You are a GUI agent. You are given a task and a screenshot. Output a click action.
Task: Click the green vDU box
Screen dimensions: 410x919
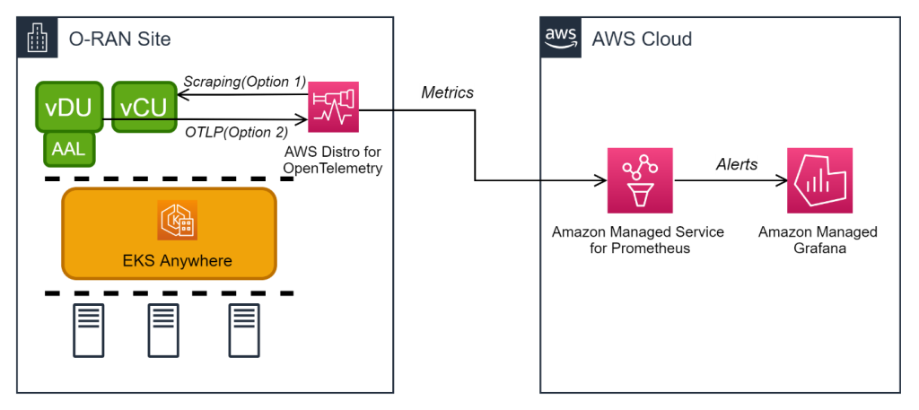[69, 108]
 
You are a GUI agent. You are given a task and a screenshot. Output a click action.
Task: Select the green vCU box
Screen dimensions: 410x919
[144, 108]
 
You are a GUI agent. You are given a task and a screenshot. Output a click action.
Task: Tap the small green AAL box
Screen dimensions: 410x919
[69, 150]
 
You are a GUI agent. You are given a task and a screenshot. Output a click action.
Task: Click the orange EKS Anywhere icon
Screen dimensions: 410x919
[177, 221]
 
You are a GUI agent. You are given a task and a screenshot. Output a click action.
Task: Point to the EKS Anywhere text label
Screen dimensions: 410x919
[177, 261]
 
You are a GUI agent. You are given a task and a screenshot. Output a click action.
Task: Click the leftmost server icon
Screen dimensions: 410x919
[88, 330]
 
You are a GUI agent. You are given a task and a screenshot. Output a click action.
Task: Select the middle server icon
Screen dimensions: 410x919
[162, 330]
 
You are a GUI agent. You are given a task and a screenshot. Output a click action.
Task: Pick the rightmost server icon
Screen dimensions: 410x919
[244, 330]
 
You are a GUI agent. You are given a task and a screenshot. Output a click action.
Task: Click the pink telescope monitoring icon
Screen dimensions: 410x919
[333, 108]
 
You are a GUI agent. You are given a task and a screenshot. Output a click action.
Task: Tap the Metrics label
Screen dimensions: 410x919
[447, 92]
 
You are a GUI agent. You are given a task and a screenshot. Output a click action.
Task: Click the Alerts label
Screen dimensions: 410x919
[736, 164]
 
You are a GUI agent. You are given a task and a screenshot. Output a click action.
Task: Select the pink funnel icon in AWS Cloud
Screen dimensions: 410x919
[640, 180]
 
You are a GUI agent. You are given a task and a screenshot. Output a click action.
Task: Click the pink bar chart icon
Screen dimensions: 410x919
[820, 180]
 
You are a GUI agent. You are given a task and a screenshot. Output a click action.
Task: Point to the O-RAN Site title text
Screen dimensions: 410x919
[119, 39]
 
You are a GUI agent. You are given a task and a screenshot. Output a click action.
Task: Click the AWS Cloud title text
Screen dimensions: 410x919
[642, 39]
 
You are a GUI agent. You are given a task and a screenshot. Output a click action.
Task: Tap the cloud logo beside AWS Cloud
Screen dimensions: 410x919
[561, 38]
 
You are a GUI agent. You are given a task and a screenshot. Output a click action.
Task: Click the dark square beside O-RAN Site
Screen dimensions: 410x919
[38, 38]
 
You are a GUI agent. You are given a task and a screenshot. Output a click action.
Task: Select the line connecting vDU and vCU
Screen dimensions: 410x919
[109, 118]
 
